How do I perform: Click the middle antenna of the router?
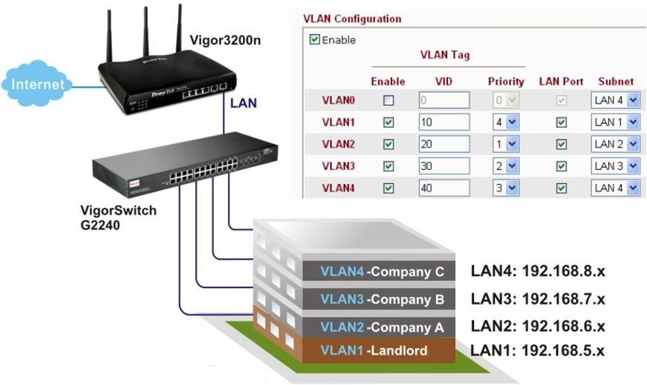pos(145,33)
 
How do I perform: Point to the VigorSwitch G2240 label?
pos(118,217)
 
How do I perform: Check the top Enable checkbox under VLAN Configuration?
pos(315,40)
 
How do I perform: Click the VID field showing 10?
pos(443,122)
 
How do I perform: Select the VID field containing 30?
pos(443,166)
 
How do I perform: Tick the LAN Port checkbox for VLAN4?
pos(562,188)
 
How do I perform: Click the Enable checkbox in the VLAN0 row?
pos(388,100)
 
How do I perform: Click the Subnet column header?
pos(616,82)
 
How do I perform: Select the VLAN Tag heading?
pos(445,55)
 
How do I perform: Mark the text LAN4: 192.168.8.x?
pos(538,272)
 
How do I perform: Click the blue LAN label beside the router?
pos(243,103)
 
